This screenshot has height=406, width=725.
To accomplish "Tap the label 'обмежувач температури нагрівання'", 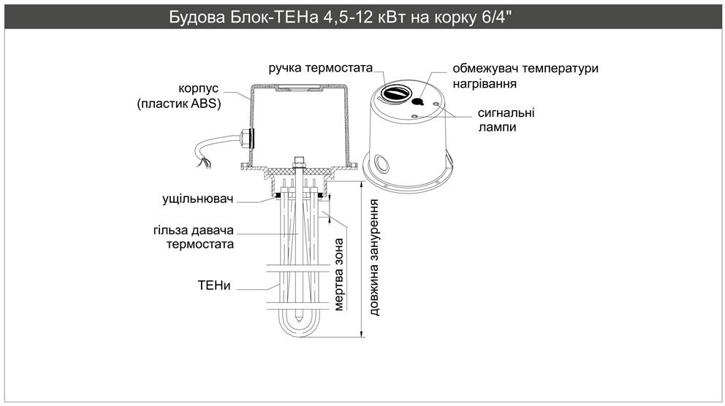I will pyautogui.click(x=525, y=76).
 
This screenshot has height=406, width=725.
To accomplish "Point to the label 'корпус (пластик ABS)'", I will pyautogui.click(x=179, y=96).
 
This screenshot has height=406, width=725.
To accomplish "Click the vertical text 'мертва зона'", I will pyautogui.click(x=338, y=274).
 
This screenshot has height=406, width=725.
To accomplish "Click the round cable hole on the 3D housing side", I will pyautogui.click(x=380, y=161).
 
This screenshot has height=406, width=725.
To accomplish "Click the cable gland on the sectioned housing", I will pyautogui.click(x=247, y=137).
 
